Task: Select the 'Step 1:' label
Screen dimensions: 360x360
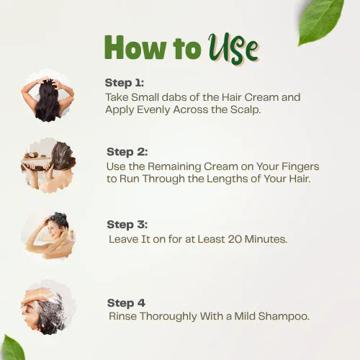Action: tap(124, 82)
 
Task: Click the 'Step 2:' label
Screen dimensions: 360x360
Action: tap(127, 152)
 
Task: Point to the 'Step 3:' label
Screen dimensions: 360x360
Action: tap(127, 225)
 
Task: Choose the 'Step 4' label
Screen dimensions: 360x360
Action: tap(125, 303)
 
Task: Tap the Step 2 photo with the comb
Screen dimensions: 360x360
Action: tap(48, 165)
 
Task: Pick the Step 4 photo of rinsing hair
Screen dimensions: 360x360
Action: tap(48, 307)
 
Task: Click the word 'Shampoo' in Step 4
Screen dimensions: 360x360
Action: tap(285, 316)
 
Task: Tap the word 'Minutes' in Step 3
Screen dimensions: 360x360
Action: tap(263, 238)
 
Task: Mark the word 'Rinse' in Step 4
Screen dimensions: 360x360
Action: tap(123, 316)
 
